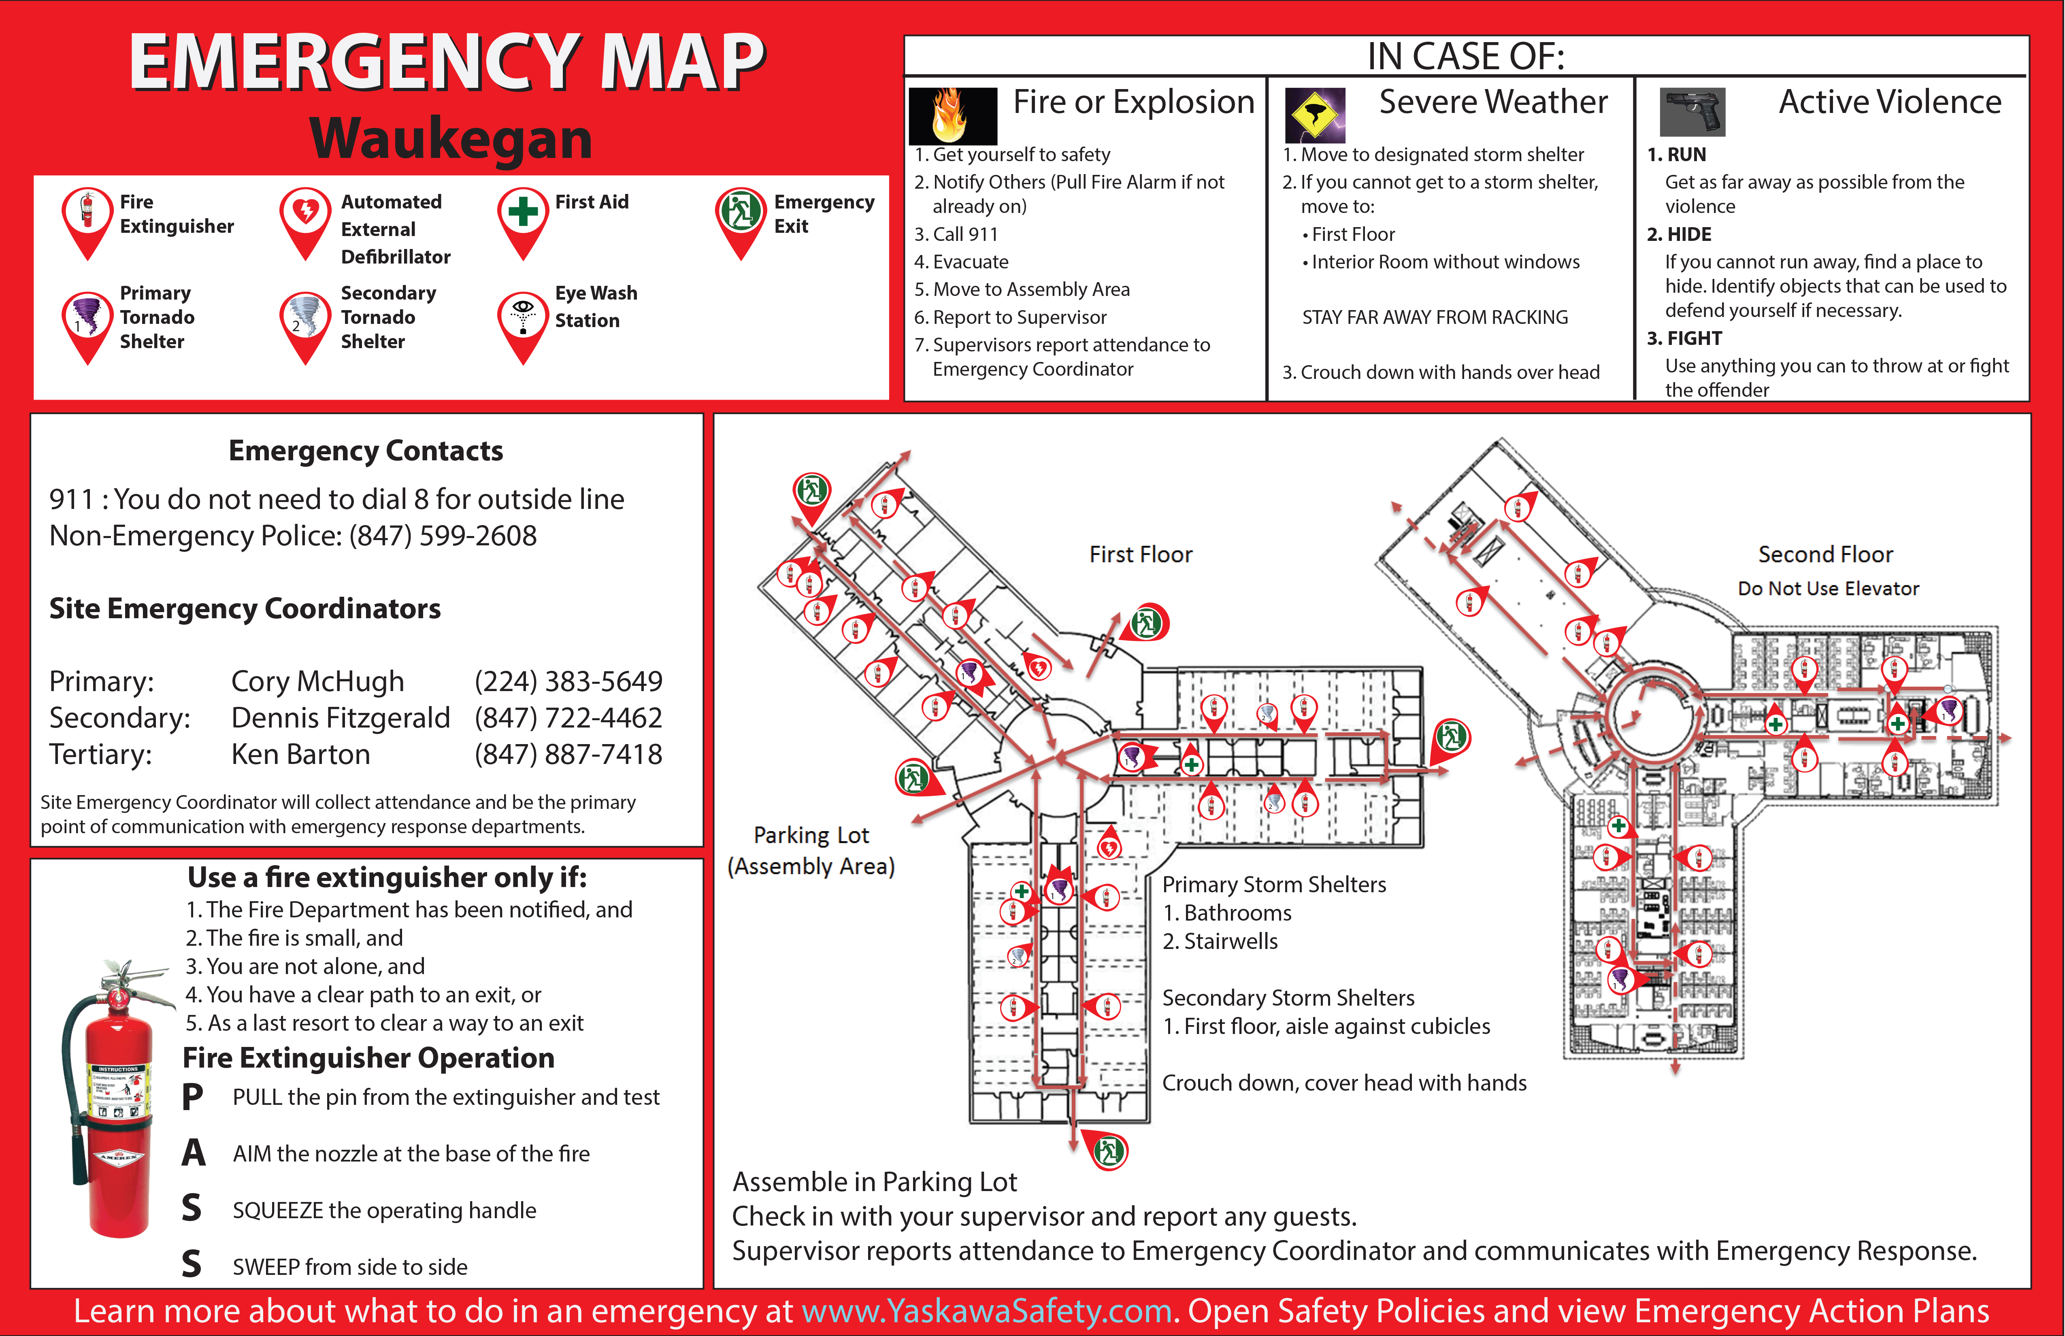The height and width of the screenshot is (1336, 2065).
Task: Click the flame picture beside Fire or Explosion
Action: (952, 115)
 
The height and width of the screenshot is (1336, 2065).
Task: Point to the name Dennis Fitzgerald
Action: (340, 717)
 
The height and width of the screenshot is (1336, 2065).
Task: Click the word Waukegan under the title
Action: (451, 139)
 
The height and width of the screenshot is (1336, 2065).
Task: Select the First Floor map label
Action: (1140, 554)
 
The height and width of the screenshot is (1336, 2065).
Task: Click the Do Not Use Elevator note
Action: (1828, 588)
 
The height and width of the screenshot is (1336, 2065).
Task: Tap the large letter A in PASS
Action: (194, 1153)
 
